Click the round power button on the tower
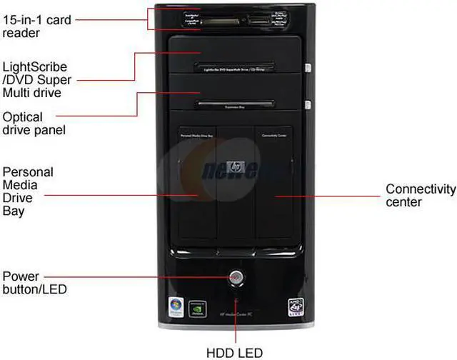(236, 276)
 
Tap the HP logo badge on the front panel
(235, 167)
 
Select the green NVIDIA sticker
(198, 307)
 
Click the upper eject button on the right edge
(308, 69)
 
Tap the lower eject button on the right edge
(308, 106)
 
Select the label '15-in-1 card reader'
(36, 26)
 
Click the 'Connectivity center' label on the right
(421, 195)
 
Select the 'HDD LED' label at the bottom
(235, 353)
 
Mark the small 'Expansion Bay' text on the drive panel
(235, 107)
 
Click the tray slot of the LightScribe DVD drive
(235, 67)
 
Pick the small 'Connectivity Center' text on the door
(274, 135)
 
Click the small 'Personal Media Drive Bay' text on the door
(196, 135)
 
